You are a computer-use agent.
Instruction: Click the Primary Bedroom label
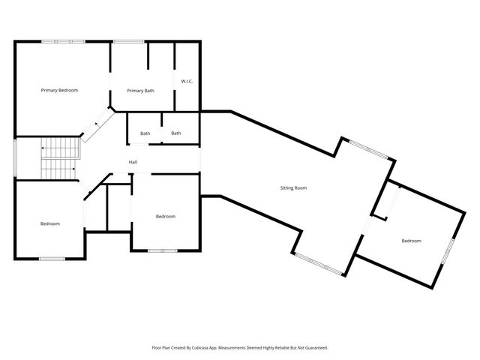[x=59, y=90]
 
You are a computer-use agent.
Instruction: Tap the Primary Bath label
[x=140, y=91]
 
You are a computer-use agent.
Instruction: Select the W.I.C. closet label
[x=187, y=82]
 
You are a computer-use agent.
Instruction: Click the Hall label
[x=133, y=162]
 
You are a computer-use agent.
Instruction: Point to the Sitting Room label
[x=293, y=187]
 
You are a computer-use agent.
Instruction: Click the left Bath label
[x=145, y=133]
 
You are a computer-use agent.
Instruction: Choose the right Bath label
[x=176, y=133]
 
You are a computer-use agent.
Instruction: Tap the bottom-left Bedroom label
[x=50, y=223]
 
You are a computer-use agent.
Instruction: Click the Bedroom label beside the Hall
[x=165, y=217]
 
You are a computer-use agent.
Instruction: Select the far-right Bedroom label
[x=411, y=241]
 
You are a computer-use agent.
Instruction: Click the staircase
[x=60, y=159]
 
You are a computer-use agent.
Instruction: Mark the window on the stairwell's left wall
[x=16, y=157]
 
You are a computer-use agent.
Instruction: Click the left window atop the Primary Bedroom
[x=62, y=41]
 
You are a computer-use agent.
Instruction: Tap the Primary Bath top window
[x=128, y=41]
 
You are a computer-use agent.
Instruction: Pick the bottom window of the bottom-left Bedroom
[x=52, y=259]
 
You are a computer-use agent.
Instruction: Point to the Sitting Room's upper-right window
[x=369, y=148]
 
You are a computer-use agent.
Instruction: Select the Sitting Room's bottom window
[x=321, y=263]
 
